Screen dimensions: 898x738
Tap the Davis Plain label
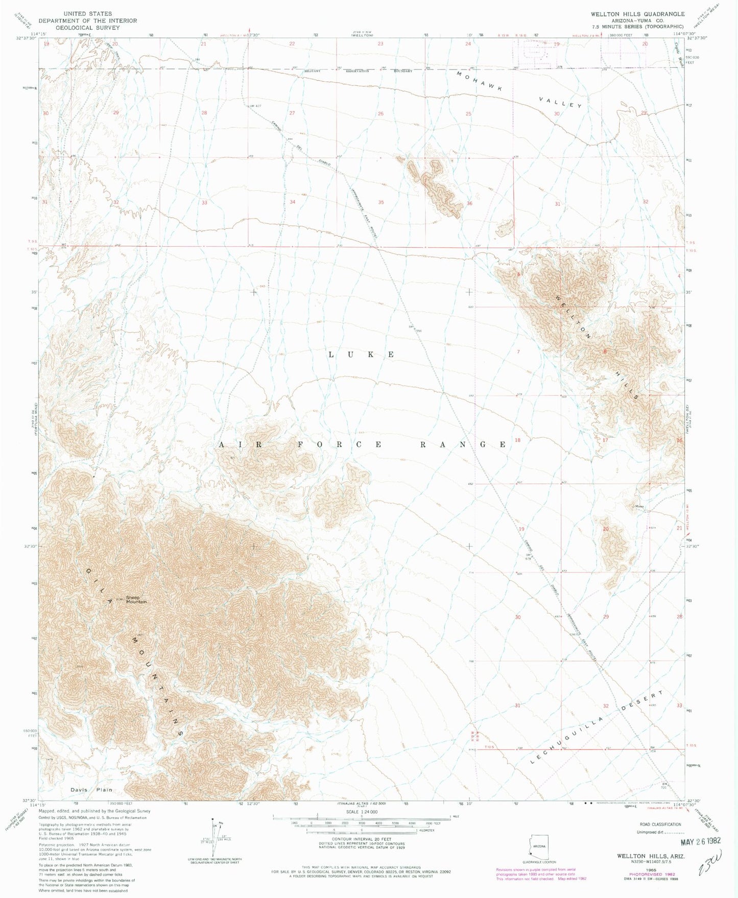(91, 790)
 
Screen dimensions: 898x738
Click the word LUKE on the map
(361, 355)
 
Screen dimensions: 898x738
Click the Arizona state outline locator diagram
(539, 846)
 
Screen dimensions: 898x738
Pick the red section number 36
(469, 203)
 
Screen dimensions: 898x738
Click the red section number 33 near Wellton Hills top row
(204, 202)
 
